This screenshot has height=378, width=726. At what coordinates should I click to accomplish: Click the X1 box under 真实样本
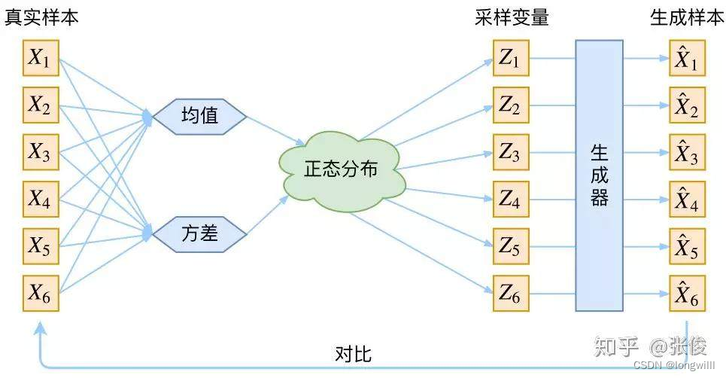(40, 59)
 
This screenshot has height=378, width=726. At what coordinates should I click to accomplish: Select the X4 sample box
(40, 199)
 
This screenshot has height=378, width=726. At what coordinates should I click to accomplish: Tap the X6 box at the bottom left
(40, 293)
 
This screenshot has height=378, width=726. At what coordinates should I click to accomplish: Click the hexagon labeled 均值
(199, 116)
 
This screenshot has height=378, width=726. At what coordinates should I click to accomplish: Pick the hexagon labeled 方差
(199, 233)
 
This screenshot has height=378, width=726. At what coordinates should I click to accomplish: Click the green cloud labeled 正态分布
(341, 169)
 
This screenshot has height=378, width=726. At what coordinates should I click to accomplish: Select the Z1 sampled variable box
(510, 59)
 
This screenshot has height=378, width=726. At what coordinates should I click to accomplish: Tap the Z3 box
(510, 153)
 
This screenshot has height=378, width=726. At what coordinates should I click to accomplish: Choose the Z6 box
(510, 294)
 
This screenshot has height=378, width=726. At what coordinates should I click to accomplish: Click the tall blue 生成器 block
(599, 175)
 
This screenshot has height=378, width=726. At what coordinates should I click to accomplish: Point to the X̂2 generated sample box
(687, 106)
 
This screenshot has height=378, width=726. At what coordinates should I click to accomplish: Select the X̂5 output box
(687, 246)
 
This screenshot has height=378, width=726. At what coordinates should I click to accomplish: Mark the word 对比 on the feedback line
(353, 354)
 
